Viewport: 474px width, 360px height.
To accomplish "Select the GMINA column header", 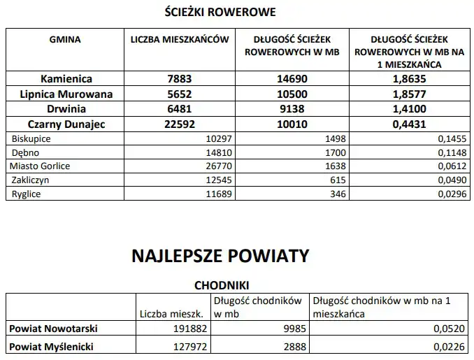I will coord(65,40).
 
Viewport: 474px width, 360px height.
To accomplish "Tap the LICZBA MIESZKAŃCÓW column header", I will coord(180,40).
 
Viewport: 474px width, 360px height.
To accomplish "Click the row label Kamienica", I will coord(66,79).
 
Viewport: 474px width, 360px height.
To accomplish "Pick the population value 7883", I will coord(180,79).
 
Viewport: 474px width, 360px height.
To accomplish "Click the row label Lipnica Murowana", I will coord(66,94).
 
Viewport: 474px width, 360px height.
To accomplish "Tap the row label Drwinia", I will coord(66,109).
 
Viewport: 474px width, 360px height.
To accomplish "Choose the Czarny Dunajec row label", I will coord(66,124).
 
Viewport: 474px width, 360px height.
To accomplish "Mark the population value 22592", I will coord(180,124).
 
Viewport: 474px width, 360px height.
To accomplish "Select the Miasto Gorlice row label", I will coord(40,166).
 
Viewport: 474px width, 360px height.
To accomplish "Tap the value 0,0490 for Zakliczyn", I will coord(452,180).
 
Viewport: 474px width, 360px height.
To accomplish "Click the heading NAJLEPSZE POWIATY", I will coord(220,256).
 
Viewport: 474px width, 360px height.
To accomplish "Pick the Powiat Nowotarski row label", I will coord(52,328).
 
